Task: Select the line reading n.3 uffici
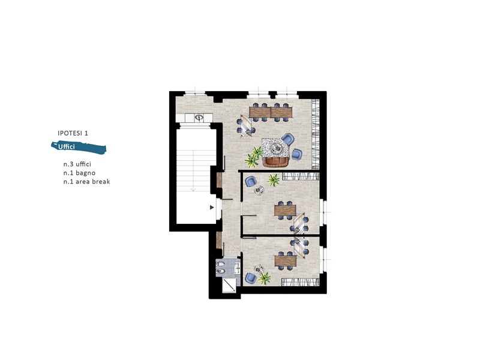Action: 77,163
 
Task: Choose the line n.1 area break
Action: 86,181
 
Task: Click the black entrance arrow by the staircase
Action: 211,208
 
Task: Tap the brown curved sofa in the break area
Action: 276,161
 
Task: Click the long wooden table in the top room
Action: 271,111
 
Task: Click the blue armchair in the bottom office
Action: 251,278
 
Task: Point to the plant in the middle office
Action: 274,179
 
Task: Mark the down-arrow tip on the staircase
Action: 194,190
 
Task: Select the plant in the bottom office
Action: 265,278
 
